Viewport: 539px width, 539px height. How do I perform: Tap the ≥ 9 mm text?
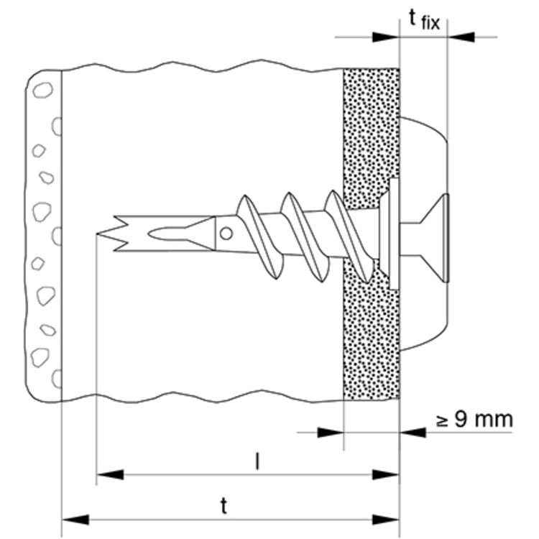pos(474,419)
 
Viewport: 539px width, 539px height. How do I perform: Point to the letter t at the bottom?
pos(224,506)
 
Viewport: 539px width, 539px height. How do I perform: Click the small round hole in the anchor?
pos(226,234)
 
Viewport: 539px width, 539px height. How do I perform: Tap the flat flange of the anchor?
pos(394,235)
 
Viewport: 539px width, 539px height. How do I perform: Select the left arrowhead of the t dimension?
pos(75,519)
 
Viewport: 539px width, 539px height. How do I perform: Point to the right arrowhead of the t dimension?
pos(386,519)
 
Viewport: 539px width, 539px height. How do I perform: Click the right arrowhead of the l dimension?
pos(386,474)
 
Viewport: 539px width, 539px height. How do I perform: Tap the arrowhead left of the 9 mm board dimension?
pos(329,432)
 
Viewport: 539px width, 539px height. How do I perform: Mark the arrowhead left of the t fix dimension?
pos(385,37)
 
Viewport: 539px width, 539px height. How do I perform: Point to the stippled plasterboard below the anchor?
pos(371,338)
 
